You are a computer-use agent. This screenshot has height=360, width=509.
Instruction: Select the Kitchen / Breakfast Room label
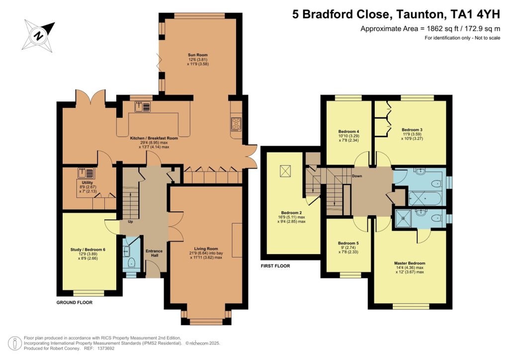pyautogui.click(x=154, y=138)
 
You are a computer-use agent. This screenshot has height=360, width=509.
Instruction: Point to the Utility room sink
pyautogui.click(x=83, y=174)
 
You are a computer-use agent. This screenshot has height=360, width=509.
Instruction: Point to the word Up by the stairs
pyautogui.click(x=130, y=222)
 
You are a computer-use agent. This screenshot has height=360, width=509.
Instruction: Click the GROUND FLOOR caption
pyautogui.click(x=74, y=302)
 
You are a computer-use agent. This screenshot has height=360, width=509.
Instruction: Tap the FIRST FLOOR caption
pyautogui.click(x=275, y=266)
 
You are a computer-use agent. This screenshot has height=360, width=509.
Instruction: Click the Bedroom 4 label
pyautogui.click(x=348, y=131)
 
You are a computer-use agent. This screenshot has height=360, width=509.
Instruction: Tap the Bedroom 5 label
pyautogui.click(x=348, y=243)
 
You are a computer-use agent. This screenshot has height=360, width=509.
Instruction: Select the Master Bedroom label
pyautogui.click(x=410, y=263)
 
